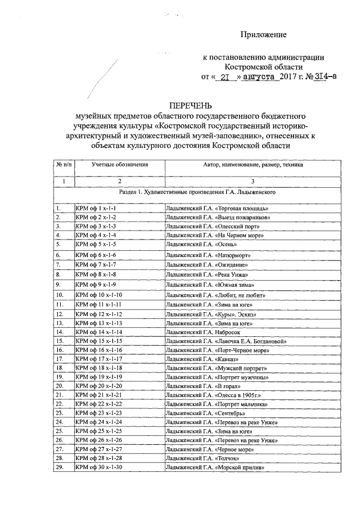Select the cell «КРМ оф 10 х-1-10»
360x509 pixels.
pos(99,295)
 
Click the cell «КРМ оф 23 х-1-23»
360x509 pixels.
pos(99,413)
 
